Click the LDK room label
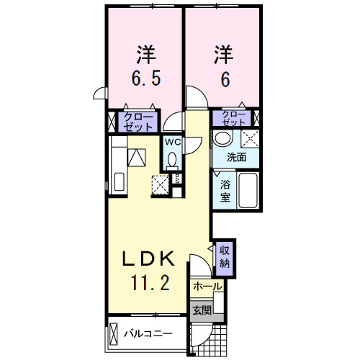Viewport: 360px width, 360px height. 152,258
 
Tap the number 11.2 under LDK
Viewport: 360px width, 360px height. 152,283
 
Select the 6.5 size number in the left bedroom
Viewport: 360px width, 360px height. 145,78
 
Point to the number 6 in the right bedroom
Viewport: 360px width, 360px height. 225,78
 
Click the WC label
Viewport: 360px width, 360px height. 172,142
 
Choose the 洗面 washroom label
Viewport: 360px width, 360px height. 236,157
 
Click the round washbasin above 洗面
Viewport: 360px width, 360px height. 224,138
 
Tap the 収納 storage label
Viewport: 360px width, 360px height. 225,255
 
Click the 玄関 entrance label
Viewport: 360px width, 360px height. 202,310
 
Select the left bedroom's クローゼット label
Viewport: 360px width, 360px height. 138,120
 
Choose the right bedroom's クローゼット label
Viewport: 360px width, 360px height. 234,117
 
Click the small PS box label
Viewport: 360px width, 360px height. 177,179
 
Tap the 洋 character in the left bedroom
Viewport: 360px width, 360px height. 146,53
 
